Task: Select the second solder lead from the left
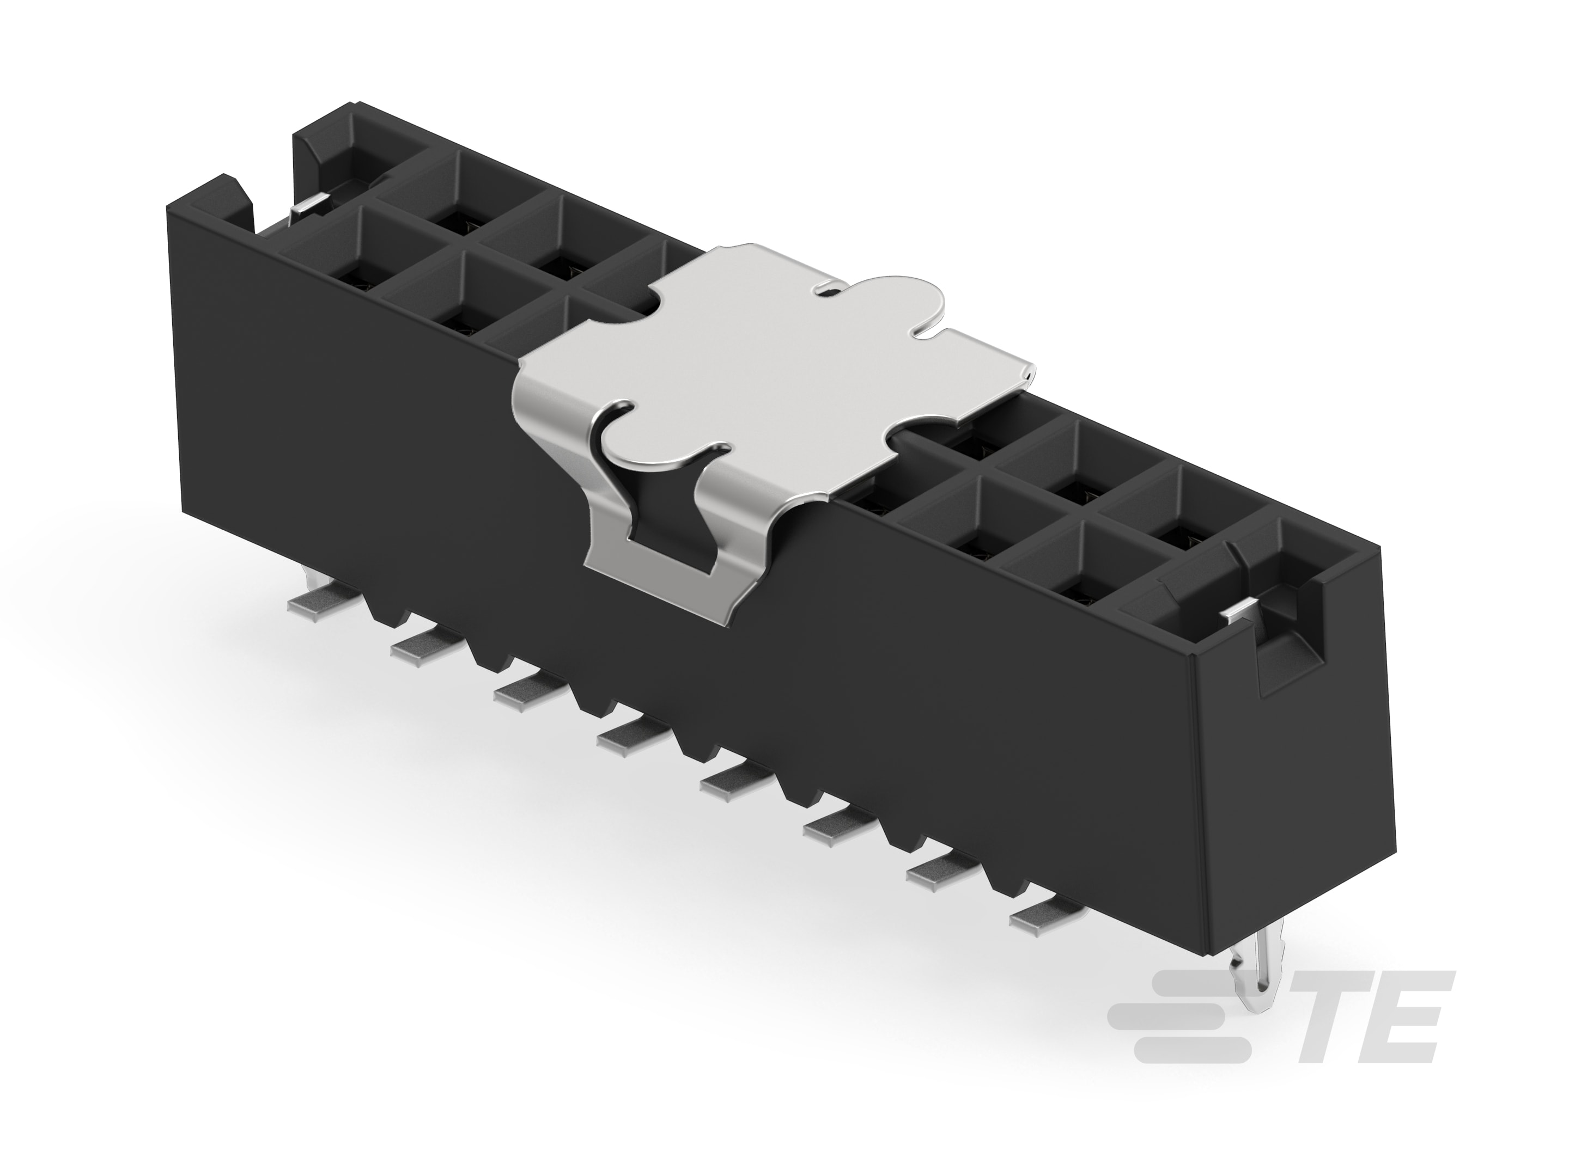(418, 645)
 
